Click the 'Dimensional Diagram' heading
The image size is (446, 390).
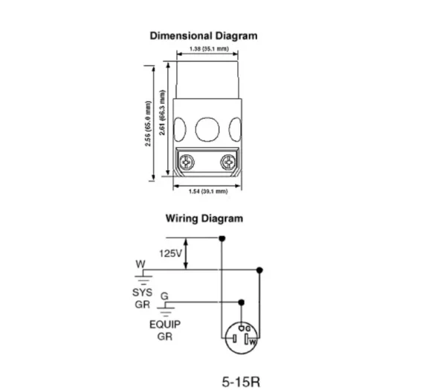(204, 35)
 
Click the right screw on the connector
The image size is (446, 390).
(226, 160)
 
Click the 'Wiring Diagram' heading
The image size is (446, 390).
(204, 218)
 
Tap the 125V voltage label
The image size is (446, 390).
(169, 253)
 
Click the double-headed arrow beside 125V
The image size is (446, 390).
(187, 253)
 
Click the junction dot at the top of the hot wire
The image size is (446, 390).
(222, 238)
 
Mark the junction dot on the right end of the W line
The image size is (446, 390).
(259, 270)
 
